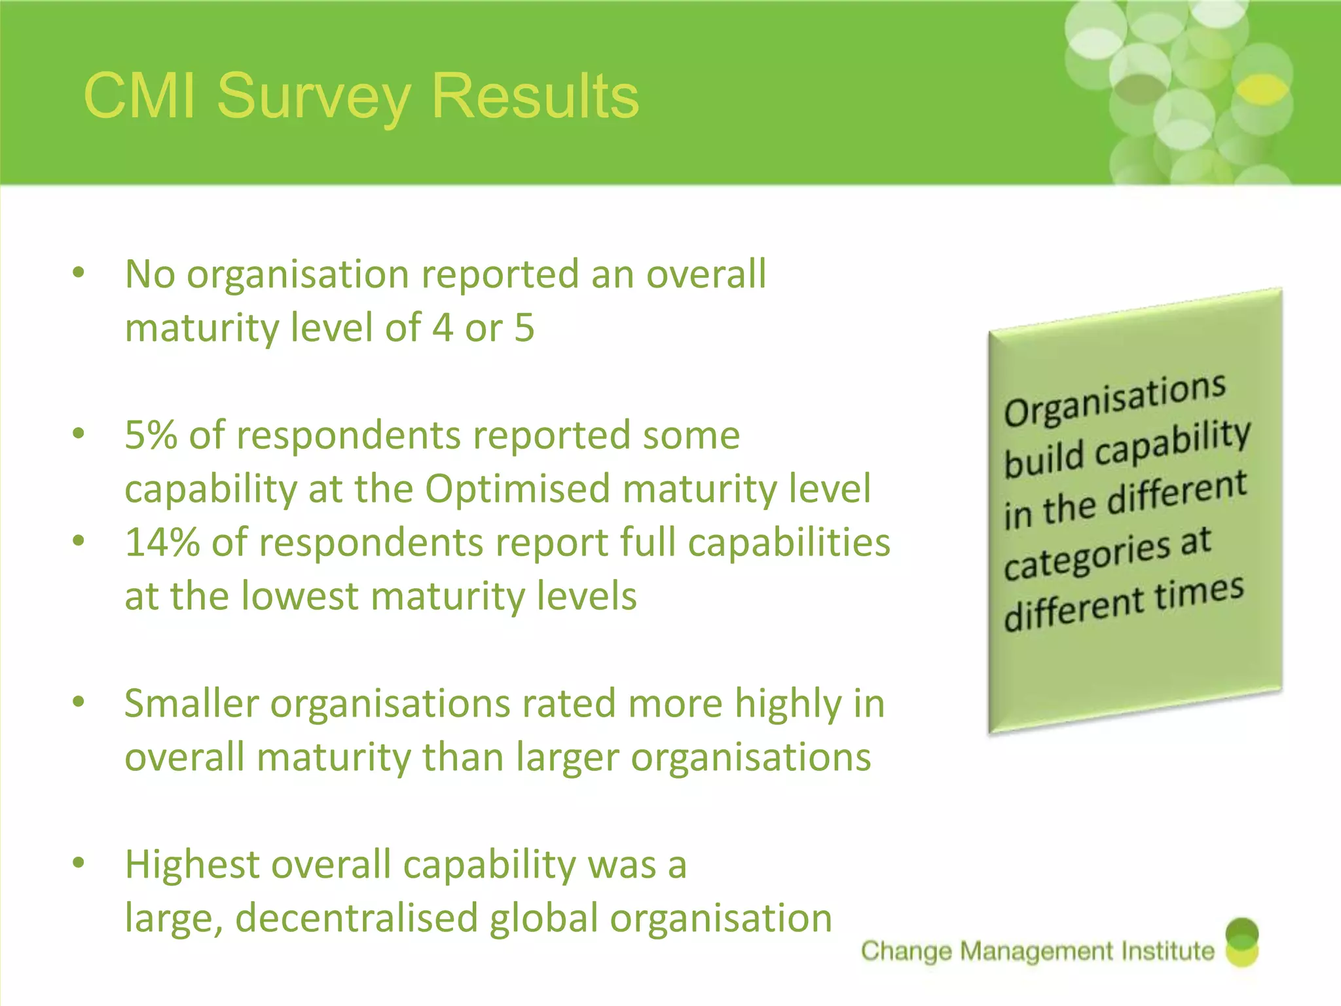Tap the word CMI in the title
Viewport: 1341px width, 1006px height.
click(x=139, y=97)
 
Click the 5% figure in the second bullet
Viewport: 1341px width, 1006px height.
click(x=151, y=435)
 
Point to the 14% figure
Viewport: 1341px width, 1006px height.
click(x=162, y=542)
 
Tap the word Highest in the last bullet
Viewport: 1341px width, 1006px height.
click(x=192, y=865)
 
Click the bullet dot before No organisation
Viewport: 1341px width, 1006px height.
click(x=79, y=272)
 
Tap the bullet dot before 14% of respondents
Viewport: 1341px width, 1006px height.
click(x=79, y=541)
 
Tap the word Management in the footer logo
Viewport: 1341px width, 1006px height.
click(x=1037, y=951)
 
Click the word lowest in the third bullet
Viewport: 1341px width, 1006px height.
click(x=300, y=596)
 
